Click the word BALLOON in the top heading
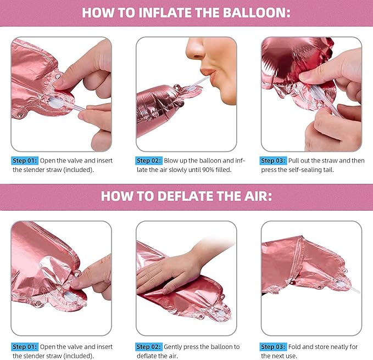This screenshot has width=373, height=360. click(x=257, y=13)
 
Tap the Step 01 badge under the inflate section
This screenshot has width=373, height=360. click(x=25, y=161)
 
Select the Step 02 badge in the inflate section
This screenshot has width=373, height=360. click(x=149, y=161)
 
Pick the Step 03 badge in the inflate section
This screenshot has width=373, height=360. click(x=273, y=161)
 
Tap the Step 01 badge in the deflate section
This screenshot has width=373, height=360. click(x=25, y=347)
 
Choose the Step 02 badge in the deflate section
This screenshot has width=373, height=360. click(x=149, y=347)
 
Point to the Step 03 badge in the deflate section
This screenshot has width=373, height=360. click(x=273, y=347)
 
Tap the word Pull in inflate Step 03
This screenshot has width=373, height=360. click(x=294, y=161)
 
